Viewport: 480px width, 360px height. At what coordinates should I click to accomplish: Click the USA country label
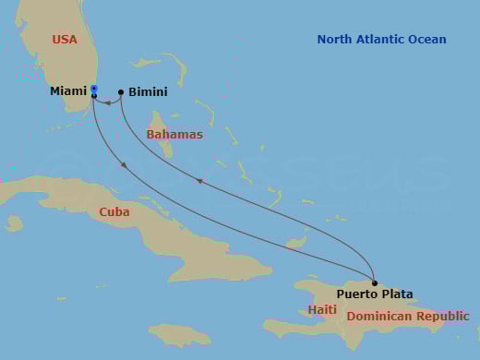point(65,40)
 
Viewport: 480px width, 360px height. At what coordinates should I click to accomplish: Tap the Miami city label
point(68,92)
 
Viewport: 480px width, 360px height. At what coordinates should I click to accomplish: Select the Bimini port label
point(149,93)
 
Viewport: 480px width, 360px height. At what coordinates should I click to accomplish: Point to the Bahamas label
point(174,135)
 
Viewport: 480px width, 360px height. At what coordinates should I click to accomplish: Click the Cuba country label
point(114,211)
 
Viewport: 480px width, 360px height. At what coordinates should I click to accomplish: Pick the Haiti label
point(322,309)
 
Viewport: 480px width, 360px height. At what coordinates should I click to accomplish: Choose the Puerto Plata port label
point(375,294)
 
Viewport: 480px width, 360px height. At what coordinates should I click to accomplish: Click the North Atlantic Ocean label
point(381,40)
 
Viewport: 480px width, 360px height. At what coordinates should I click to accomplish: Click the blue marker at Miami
point(94,90)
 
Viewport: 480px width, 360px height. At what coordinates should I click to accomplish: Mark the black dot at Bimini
point(121,92)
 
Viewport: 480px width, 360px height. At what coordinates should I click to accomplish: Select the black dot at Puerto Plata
point(375,282)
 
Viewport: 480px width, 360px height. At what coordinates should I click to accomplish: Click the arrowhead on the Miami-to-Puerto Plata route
point(124,165)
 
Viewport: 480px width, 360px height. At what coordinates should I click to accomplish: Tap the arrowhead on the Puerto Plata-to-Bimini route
point(200,183)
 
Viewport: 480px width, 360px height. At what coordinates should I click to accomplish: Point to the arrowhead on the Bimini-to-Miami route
point(107,102)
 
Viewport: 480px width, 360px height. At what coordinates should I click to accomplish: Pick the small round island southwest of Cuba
point(14,223)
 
